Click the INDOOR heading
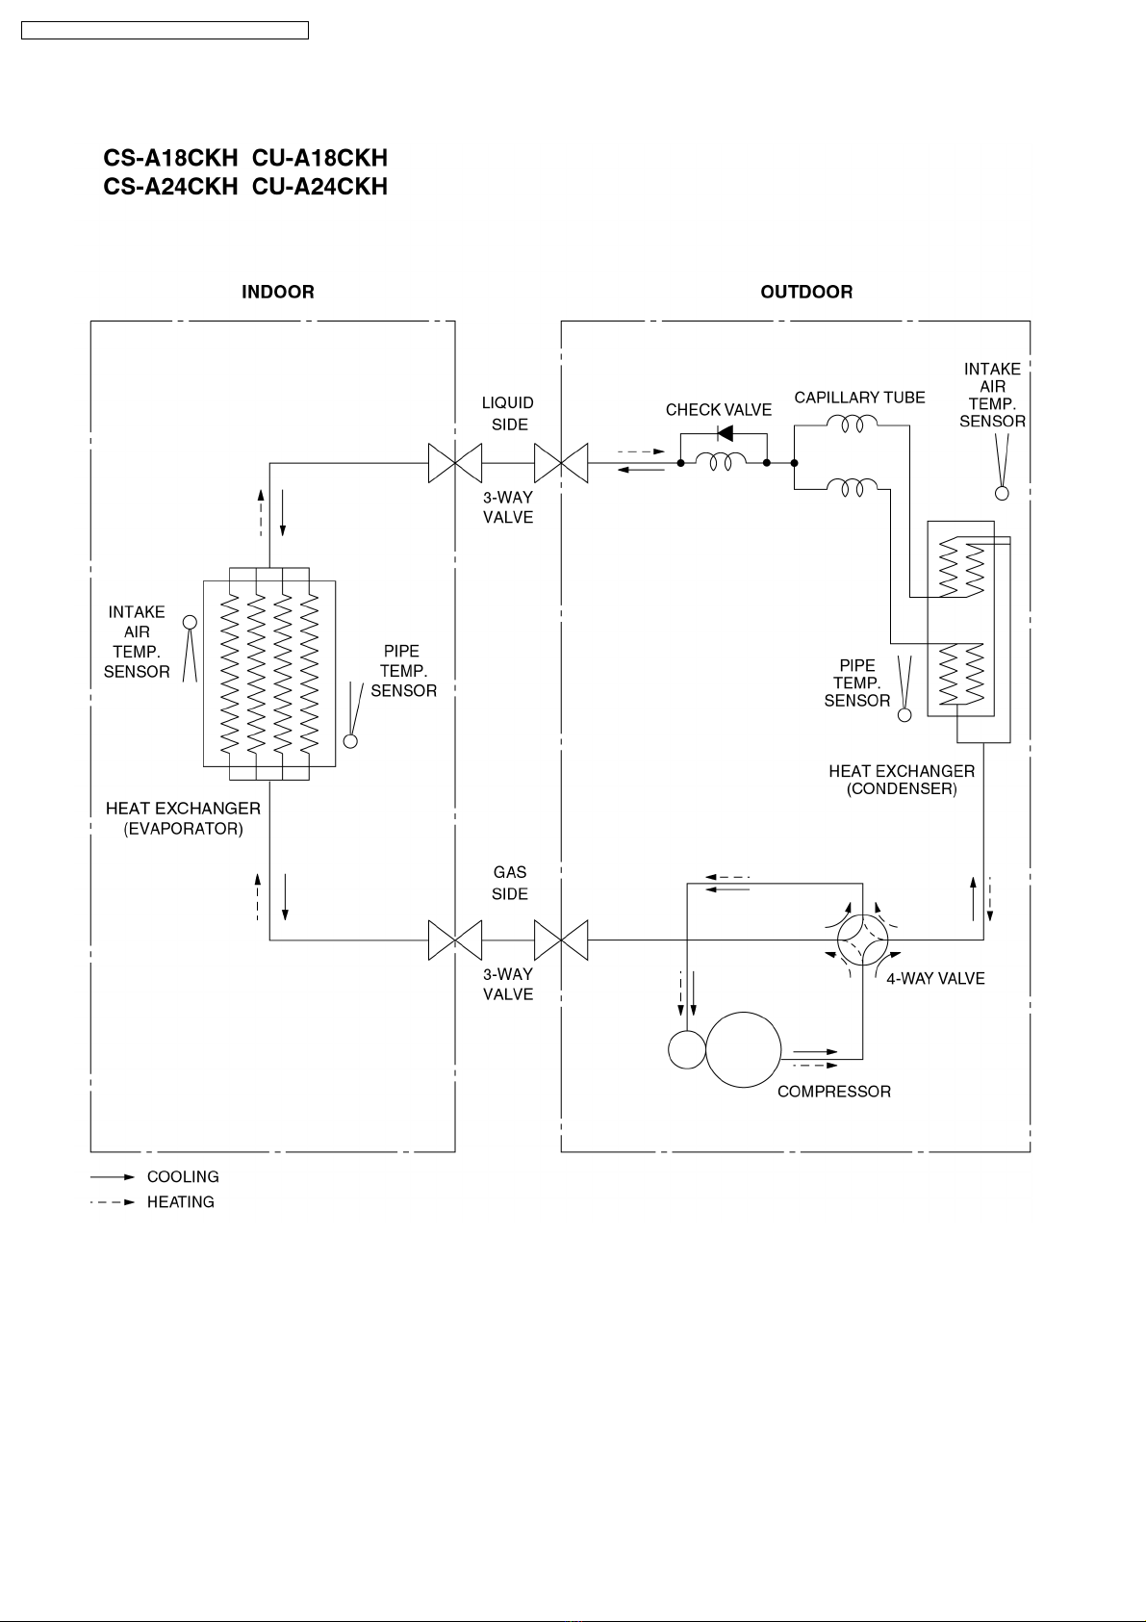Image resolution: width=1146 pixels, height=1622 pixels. [x=278, y=292]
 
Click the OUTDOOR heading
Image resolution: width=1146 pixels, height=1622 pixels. [x=806, y=292]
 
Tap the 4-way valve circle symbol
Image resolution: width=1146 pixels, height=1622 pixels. [x=837, y=940]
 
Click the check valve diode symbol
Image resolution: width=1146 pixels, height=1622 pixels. [x=725, y=433]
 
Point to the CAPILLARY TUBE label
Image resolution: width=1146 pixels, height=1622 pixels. [x=859, y=398]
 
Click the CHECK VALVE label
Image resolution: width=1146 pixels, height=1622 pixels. [x=719, y=410]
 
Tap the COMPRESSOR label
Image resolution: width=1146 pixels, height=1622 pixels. [x=834, y=1092]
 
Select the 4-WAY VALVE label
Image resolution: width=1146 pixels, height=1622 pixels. [x=935, y=978]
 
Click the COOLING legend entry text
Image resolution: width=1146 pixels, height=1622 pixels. [x=183, y=1176]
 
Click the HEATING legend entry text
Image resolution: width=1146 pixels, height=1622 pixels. [x=181, y=1202]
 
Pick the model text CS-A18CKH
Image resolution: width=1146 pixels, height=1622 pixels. [x=170, y=158]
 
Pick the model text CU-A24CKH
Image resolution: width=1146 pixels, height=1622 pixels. [x=320, y=187]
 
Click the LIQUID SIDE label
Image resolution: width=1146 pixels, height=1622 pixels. [x=508, y=414]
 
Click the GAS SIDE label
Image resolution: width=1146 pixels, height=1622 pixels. [x=510, y=883]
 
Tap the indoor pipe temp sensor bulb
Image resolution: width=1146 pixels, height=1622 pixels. [x=350, y=741]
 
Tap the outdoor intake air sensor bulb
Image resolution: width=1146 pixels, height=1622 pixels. [x=1002, y=493]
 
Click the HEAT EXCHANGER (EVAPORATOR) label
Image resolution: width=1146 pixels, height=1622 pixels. [x=183, y=818]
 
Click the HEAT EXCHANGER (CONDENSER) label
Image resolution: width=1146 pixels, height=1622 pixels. [x=902, y=780]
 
